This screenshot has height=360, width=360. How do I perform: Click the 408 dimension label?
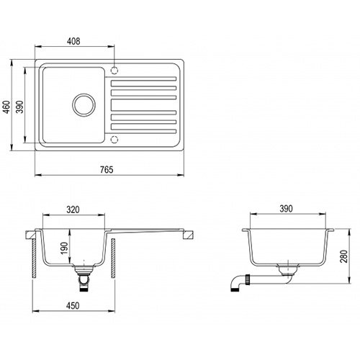73,41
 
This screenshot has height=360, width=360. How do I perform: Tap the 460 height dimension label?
6,107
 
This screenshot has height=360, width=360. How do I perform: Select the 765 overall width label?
107,170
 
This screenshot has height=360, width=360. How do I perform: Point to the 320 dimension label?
73,210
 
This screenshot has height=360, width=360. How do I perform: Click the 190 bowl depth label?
65,248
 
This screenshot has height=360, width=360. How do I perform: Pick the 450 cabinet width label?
73,306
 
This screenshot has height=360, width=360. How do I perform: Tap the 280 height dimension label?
344,256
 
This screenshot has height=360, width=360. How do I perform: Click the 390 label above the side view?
286,209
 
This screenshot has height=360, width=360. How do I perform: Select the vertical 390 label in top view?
20,107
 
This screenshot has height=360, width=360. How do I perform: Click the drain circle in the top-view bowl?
84,94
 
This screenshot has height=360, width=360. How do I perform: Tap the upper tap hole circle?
114,67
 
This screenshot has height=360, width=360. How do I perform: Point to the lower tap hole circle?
114,136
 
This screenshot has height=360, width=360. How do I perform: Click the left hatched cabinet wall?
34,258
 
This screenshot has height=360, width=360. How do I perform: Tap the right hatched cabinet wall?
113,258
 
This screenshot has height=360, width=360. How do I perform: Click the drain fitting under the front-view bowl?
84,278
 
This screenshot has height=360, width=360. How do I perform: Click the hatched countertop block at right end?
188,235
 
